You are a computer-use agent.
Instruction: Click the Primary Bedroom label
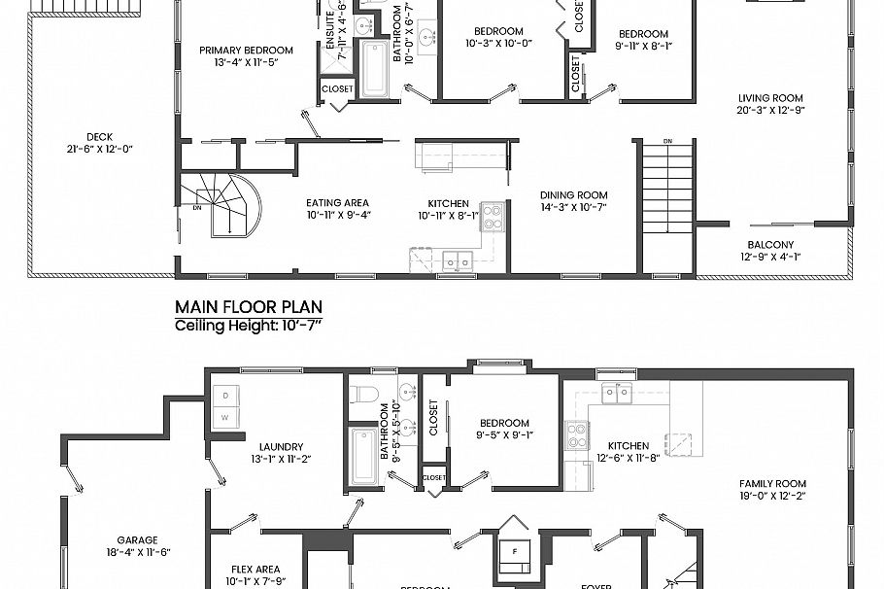click(x=246, y=51)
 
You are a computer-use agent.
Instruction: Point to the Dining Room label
click(x=573, y=194)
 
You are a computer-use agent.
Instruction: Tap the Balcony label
click(x=770, y=245)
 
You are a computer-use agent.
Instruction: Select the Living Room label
click(x=770, y=97)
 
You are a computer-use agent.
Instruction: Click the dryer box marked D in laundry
click(x=226, y=397)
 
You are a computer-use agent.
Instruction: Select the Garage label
click(x=137, y=539)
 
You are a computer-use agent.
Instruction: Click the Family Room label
click(x=772, y=483)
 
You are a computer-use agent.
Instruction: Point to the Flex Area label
click(x=255, y=570)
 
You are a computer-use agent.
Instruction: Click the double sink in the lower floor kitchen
click(x=615, y=392)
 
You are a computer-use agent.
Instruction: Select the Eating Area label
click(x=338, y=202)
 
